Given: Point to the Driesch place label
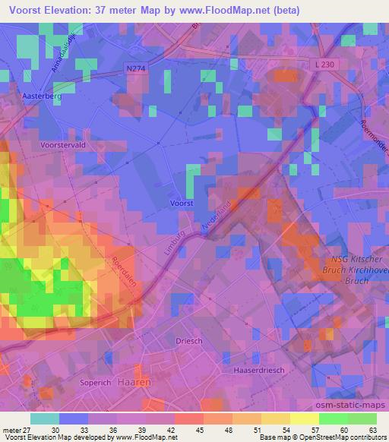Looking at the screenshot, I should [189, 341].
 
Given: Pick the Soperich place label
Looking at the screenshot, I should [96, 383].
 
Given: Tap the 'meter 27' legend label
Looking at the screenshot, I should [17, 429].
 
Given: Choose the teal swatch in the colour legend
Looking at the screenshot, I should [45, 418].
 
